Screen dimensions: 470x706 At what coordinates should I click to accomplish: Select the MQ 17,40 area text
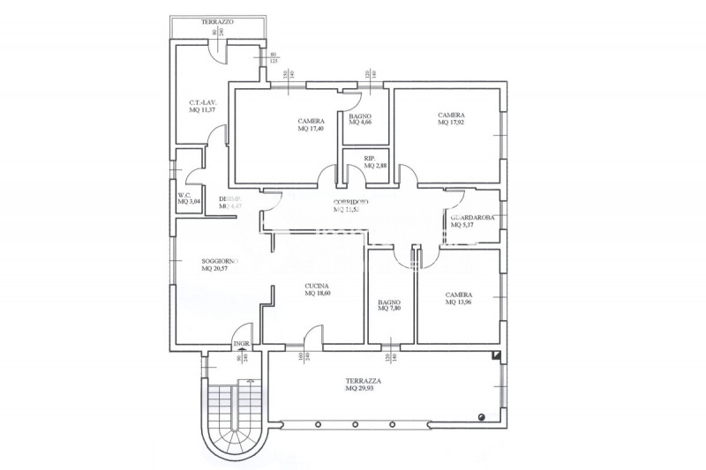[x=312, y=130]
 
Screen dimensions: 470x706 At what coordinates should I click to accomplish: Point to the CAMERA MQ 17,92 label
[x=451, y=119]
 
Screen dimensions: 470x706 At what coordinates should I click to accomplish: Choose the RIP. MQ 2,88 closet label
[x=376, y=162]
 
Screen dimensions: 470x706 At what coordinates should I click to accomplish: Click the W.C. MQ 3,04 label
[x=188, y=198]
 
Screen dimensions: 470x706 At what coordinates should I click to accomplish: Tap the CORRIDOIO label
[x=350, y=202]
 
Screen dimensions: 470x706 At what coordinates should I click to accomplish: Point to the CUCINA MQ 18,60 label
[x=317, y=289]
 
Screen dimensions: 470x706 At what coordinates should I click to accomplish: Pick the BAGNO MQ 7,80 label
[x=389, y=304]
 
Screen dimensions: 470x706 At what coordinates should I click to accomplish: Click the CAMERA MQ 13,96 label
[x=458, y=300]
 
